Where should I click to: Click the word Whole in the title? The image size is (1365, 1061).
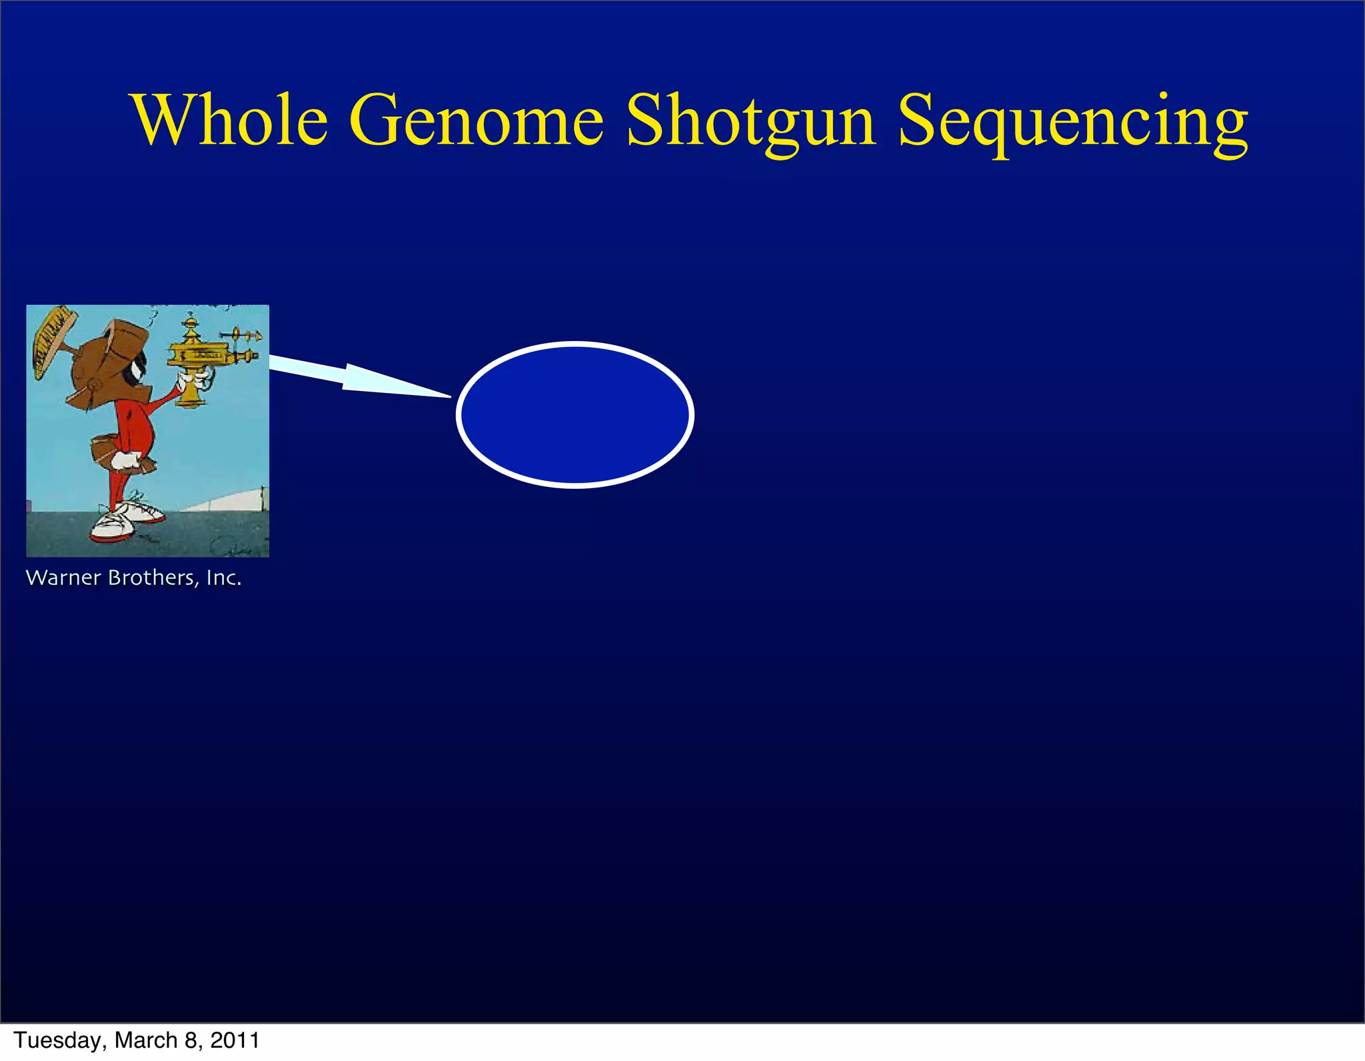click(x=231, y=120)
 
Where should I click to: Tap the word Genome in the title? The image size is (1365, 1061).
click(x=476, y=120)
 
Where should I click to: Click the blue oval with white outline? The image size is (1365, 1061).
click(x=575, y=415)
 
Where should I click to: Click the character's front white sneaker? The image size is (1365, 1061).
click(x=113, y=526)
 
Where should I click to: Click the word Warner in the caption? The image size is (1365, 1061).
click(x=63, y=577)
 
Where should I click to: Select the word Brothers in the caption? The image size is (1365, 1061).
click(x=153, y=577)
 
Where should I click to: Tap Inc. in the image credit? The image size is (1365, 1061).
click(x=223, y=577)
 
